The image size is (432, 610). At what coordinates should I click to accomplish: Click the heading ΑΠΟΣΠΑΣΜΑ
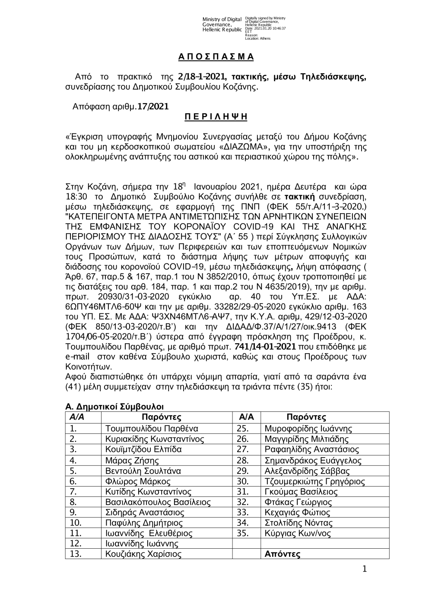pos(216,57)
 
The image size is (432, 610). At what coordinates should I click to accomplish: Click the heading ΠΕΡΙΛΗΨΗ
pos(216,117)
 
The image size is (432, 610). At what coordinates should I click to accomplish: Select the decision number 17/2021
pos(152,106)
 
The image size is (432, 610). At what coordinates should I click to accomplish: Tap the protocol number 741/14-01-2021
pos(265,347)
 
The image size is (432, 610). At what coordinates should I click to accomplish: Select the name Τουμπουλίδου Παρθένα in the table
pos(152,429)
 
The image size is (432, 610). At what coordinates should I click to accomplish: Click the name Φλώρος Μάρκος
pos(138,481)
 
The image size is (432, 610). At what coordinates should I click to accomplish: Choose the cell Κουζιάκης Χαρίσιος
pos(143,554)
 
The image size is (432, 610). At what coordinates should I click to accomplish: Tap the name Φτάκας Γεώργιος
pos(298,502)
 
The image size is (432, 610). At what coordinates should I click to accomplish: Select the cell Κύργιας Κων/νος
pos(298,533)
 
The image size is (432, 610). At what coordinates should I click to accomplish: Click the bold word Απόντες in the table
pos(283,554)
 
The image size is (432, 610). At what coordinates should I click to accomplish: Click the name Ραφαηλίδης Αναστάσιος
pos(312,449)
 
